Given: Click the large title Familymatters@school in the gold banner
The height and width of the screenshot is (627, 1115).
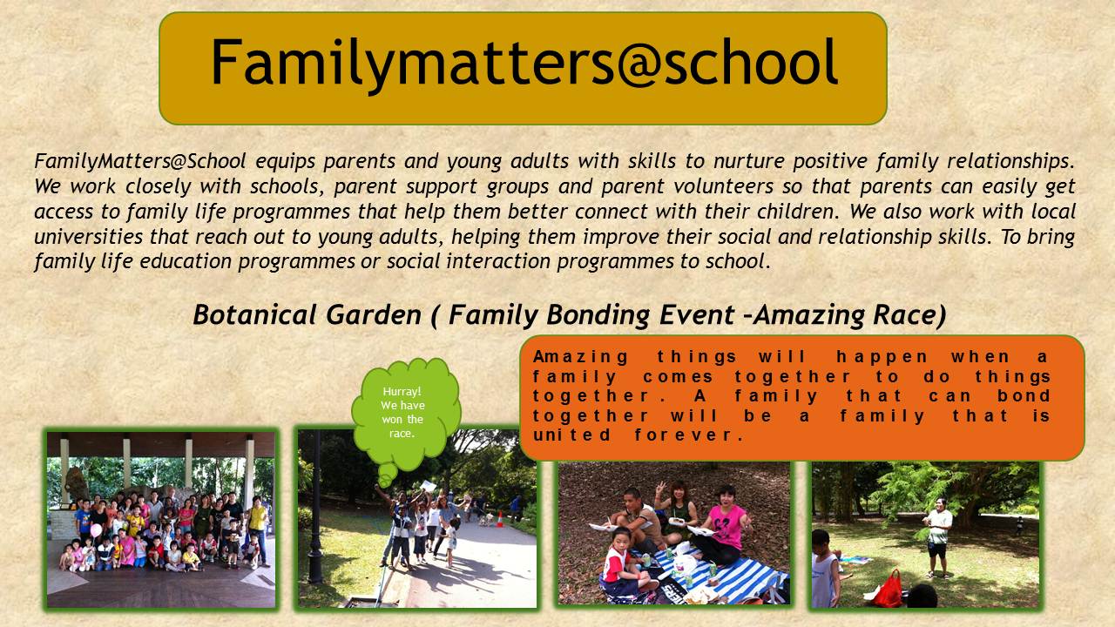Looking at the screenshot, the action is (x=524, y=64).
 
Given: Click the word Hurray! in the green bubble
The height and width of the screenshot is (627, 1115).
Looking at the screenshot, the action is (x=402, y=392).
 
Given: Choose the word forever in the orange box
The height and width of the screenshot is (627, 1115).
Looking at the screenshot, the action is (x=688, y=435).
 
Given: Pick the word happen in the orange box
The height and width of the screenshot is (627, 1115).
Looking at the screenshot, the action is (x=882, y=357).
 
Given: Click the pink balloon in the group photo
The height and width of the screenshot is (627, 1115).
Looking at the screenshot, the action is (x=96, y=530).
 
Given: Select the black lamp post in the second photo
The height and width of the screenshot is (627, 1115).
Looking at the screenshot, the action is (x=315, y=507).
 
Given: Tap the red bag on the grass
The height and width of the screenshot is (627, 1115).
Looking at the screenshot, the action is (x=889, y=590).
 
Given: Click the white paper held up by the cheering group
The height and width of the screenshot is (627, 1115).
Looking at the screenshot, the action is (x=428, y=486).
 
